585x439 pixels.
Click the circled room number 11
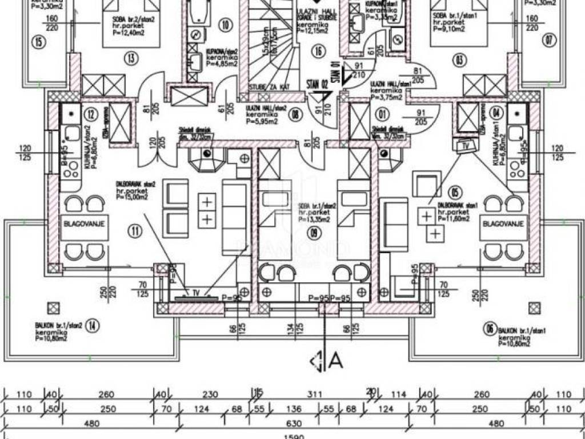135,232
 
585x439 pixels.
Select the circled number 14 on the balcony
94,327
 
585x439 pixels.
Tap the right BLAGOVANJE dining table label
503,225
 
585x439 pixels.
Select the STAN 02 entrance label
319,85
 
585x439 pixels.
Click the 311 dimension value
314,394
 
